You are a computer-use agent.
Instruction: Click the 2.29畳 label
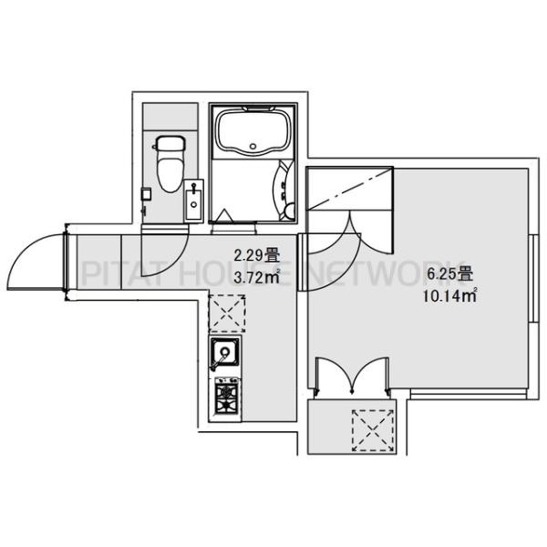tap(256, 255)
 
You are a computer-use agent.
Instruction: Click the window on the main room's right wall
tap(532, 278)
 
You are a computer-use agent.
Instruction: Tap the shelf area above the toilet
tap(170, 117)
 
